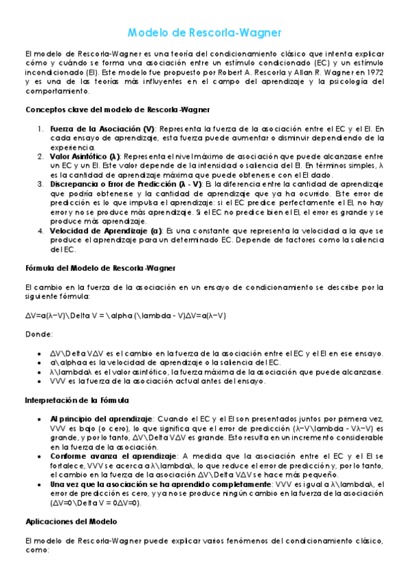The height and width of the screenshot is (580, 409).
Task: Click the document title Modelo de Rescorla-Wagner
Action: pos(204,33)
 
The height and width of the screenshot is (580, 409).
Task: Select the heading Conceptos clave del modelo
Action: pos(117,109)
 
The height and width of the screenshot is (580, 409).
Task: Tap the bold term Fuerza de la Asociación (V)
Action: pos(102,129)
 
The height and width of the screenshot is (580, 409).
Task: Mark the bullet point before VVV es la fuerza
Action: pos(44,381)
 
